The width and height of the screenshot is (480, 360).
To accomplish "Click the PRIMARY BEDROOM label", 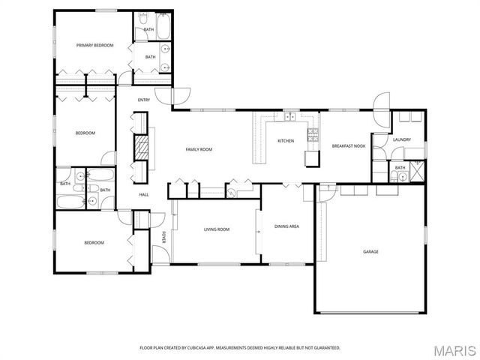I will pos(94,46).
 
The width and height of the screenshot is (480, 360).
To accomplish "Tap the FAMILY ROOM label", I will pos(199,150).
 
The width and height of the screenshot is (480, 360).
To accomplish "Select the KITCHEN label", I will pos(286,141).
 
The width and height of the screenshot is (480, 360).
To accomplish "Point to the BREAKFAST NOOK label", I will pos(349,145).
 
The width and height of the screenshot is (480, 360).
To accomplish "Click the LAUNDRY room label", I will pos(401,139).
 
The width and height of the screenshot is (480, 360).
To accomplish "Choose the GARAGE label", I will pos(370,252).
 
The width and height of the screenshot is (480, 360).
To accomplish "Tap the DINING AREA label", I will pos(286,226).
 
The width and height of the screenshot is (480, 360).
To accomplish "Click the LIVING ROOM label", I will pos(217,229).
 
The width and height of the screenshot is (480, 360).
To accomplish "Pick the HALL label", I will pos(143,195).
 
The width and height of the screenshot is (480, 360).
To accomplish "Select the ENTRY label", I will pos(144,100).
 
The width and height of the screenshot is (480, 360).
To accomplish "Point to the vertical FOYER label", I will pos(163,238).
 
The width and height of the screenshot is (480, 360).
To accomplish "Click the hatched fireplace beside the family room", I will pos(140,147).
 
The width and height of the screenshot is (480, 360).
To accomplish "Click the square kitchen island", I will pos(311,158).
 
